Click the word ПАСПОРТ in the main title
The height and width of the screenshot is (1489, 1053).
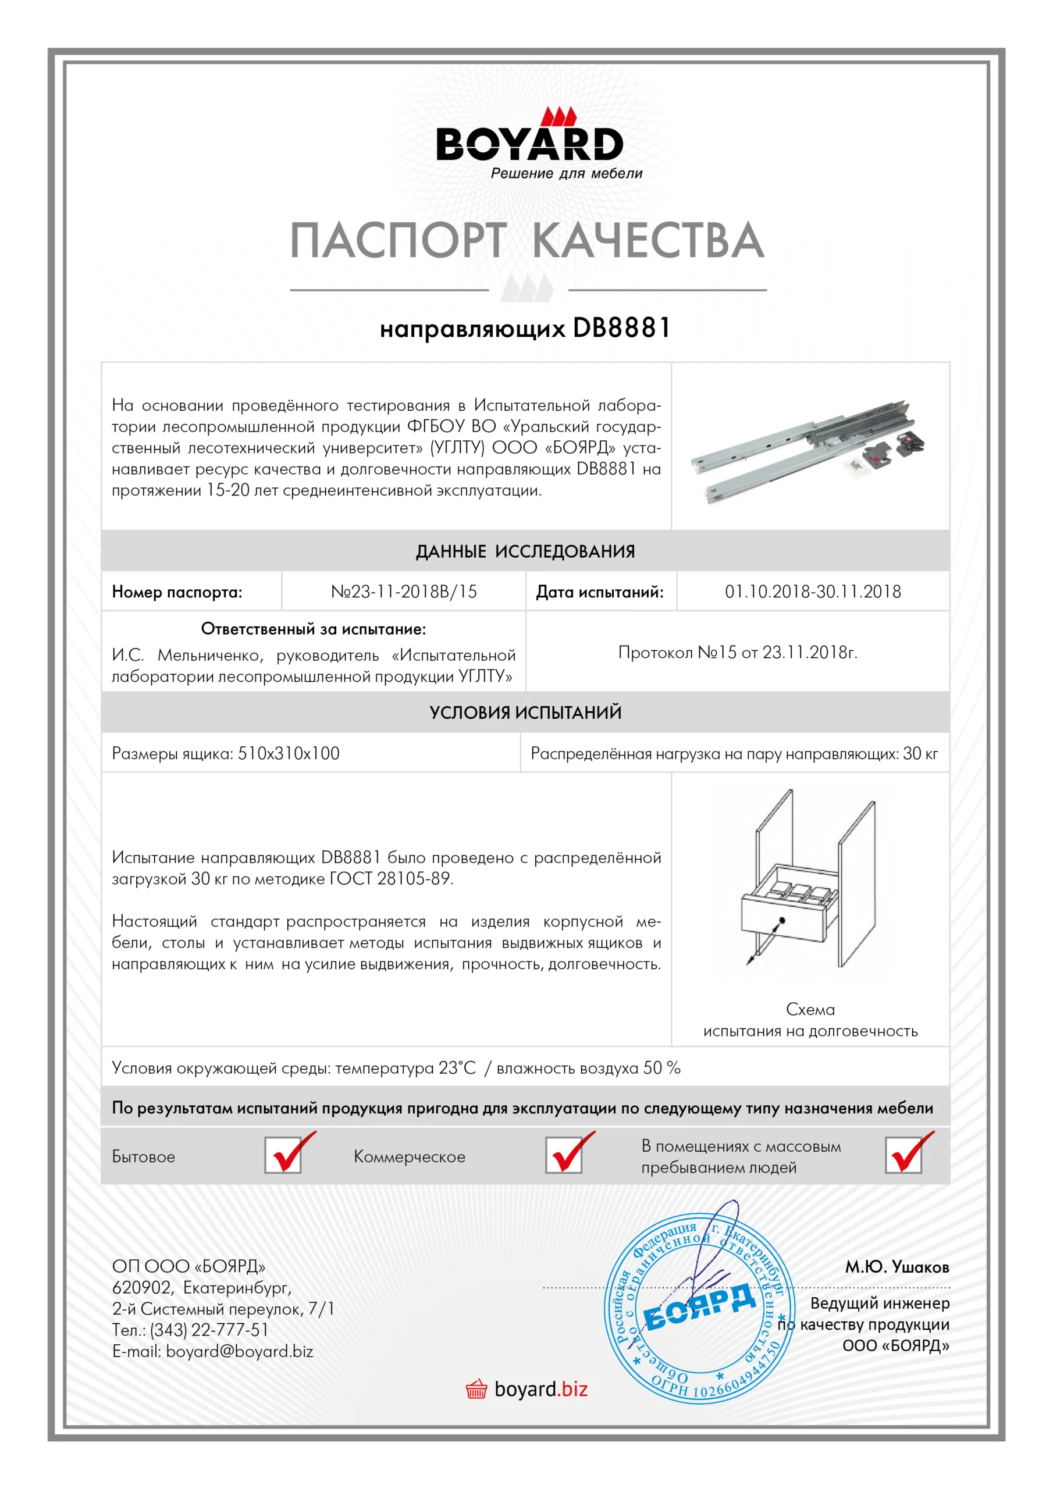pyautogui.click(x=397, y=240)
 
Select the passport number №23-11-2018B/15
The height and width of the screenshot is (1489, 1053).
pyautogui.click(x=404, y=592)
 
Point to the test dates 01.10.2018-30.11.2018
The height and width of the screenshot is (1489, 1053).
pyautogui.click(x=812, y=592)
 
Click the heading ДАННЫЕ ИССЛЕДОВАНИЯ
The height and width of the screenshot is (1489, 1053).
pyautogui.click(x=525, y=551)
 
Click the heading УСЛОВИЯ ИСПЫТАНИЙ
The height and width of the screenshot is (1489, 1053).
pyautogui.click(x=525, y=712)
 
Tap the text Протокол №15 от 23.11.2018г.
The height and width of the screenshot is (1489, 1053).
pyautogui.click(x=737, y=652)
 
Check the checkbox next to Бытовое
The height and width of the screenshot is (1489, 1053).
pyautogui.click(x=283, y=1155)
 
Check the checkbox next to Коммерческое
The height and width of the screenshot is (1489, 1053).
pyautogui.click(x=563, y=1155)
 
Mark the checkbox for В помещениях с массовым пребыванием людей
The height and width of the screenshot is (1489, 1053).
pyautogui.click(x=903, y=1155)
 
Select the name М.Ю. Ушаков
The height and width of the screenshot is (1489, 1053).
pyautogui.click(x=897, y=1267)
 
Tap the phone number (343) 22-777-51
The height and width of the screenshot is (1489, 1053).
pyautogui.click(x=209, y=1330)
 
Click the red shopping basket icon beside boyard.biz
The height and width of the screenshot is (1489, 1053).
pyautogui.click(x=476, y=1389)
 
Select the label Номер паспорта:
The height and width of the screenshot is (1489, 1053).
pyautogui.click(x=176, y=592)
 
